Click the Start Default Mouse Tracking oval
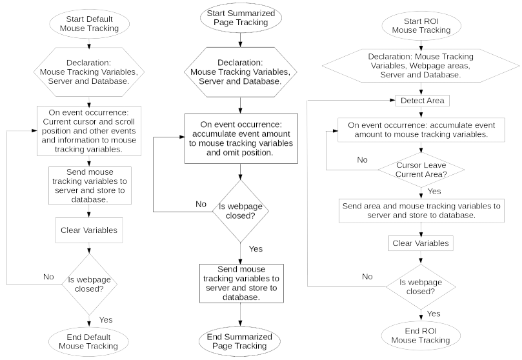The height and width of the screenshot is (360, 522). tap(89, 24)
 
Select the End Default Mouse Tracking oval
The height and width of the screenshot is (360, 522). tap(88, 342)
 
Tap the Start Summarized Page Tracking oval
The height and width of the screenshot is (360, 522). tap(241, 18)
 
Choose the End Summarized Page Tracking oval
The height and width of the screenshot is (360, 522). tap(239, 341)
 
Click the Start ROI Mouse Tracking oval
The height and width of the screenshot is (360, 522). tap(421, 26)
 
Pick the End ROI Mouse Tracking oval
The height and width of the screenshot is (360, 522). tap(421, 335)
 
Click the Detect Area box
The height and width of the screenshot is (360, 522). tap(423, 101)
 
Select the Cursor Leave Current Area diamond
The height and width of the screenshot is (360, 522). tap(421, 170)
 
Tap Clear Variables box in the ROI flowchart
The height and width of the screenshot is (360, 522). tap(421, 243)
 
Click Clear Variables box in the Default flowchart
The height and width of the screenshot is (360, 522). tap(89, 230)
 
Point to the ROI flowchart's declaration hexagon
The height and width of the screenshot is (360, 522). tap(421, 66)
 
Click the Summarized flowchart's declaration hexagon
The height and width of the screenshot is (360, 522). tap(240, 72)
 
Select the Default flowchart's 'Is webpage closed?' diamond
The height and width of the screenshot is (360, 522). tap(89, 285)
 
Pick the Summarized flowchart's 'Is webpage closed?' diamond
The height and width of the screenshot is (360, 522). tap(241, 211)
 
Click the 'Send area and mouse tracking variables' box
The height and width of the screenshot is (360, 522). tap(421, 210)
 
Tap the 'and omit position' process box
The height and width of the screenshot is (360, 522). tap(241, 139)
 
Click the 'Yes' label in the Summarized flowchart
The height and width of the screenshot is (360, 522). tap(256, 249)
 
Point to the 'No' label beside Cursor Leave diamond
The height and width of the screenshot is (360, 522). tap(362, 160)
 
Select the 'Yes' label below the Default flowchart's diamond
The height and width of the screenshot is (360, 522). tap(106, 320)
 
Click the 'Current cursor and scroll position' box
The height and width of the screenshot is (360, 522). tap(89, 131)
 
